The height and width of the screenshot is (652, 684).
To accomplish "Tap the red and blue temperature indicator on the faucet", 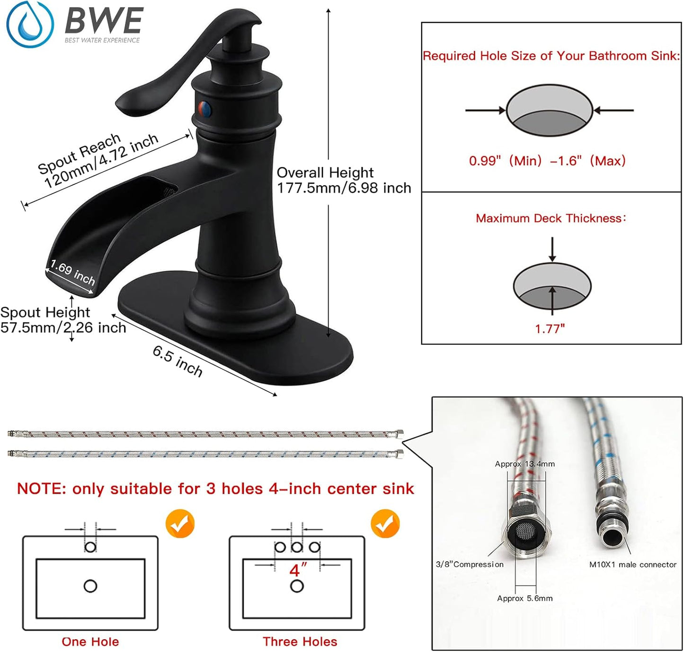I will coord(204,109).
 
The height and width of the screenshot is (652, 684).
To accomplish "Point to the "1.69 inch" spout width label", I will coord(72,273).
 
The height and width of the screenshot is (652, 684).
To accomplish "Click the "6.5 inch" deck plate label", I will coord(178,360).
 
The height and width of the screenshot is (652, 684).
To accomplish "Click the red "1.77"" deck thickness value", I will coord(550,329).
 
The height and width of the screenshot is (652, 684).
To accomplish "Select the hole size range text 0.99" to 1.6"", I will coord(547,161).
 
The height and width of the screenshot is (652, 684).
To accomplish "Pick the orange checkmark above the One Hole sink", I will coord(180,523).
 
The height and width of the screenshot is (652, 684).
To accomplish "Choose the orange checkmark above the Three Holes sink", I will coord(385,523).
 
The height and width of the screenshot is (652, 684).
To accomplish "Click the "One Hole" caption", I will coord(90,642).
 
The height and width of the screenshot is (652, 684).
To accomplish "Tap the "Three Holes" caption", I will coord(300,642).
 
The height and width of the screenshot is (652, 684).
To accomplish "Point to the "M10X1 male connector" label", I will coord(632,565).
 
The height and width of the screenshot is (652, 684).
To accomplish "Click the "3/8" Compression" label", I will coord(470,565).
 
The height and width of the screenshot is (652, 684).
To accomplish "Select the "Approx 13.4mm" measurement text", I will coord(524,464).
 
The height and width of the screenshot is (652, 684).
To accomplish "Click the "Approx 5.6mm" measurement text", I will coord(524,598).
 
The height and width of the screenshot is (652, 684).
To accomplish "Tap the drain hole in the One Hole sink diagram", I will coord(90,586).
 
